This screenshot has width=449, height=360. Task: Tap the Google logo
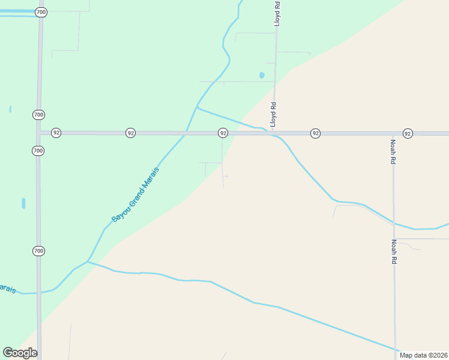20,353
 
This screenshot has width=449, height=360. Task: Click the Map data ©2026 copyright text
423,355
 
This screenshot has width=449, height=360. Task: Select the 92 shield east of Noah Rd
408,133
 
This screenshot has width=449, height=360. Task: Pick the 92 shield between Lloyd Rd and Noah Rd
315,133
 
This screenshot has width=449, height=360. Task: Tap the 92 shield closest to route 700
56,133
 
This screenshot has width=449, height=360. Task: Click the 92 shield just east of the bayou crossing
223,133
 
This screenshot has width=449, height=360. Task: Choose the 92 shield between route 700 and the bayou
130,133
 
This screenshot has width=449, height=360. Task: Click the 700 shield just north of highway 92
38,115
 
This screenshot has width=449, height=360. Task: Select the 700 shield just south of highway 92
38,151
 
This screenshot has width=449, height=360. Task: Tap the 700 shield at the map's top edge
40,12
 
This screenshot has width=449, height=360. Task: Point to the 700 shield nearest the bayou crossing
38,251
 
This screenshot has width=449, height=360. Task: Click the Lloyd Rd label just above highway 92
273,114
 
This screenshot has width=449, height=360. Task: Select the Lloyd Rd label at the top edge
277,13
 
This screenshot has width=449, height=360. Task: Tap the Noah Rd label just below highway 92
393,152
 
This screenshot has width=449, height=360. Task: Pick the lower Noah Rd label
394,252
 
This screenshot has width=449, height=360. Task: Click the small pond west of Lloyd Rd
262,76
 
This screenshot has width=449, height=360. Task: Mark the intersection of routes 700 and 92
39,133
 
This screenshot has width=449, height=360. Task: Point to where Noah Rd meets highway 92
393,133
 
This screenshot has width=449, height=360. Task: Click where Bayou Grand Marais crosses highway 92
185,133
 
